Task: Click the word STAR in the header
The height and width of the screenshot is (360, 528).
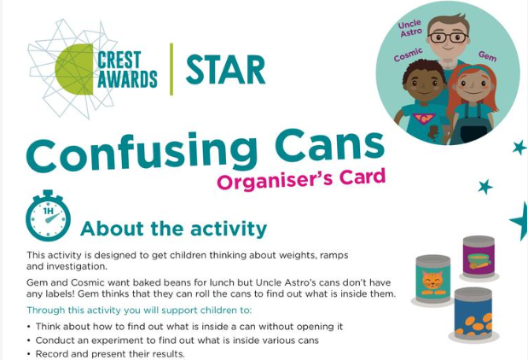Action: click(225, 70)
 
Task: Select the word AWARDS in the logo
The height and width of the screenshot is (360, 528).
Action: click(127, 79)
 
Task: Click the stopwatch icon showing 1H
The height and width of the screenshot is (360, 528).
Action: click(48, 216)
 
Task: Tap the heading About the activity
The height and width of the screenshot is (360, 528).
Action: click(174, 229)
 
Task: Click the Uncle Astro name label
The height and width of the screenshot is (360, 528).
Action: click(410, 28)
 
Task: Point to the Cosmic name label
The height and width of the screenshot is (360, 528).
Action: click(408, 55)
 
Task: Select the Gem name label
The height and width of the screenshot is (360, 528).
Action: click(487, 56)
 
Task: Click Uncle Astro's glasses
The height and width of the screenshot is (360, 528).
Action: click(448, 37)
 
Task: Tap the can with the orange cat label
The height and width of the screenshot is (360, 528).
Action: click(433, 279)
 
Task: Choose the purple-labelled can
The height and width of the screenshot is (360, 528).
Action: click(479, 257)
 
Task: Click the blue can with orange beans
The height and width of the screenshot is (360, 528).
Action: click(473, 314)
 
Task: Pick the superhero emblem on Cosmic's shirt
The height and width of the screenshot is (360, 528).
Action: click(424, 119)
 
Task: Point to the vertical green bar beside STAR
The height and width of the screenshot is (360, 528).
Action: click(171, 69)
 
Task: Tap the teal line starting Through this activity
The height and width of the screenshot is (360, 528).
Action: click(139, 311)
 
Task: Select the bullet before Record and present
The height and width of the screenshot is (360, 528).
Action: click(29, 354)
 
